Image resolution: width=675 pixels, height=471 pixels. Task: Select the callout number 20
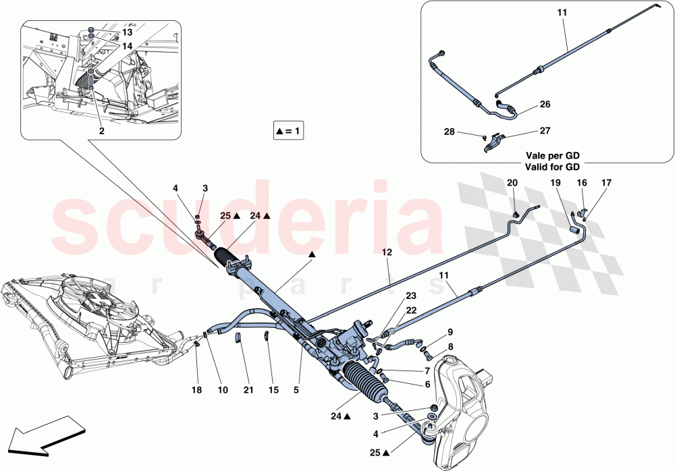point(512,183)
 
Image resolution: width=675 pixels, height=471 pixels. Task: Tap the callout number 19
point(555,183)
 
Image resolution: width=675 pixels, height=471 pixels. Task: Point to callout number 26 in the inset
point(545,105)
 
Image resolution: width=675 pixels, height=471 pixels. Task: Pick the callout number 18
point(196,390)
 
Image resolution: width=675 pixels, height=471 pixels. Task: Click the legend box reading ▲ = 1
point(288,131)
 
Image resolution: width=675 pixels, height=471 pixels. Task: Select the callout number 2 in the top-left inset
point(101,131)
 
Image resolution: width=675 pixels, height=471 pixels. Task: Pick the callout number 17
point(605,183)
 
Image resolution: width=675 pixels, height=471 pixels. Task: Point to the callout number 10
point(223,390)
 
